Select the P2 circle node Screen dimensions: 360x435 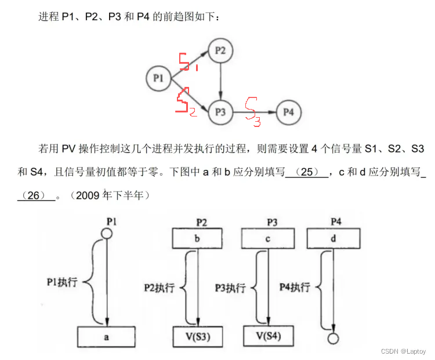220,51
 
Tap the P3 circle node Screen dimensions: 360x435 220,112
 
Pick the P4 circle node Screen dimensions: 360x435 288,112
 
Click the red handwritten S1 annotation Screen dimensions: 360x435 186,61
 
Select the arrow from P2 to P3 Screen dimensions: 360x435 220,81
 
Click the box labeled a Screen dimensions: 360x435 106,336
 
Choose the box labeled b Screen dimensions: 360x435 198,238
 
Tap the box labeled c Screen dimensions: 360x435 267,238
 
